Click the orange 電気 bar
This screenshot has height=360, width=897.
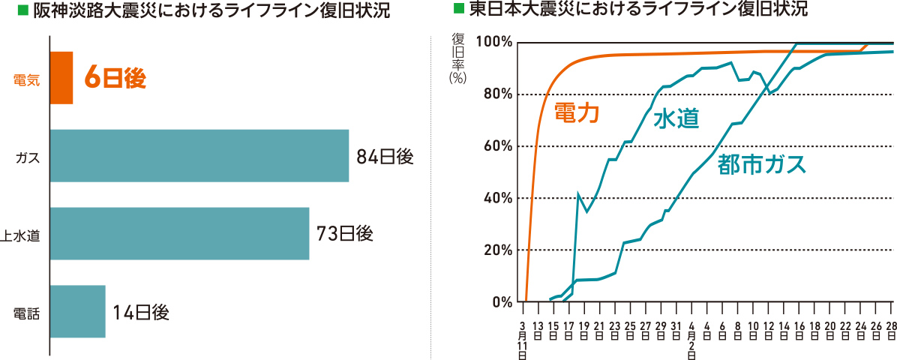(x=61, y=78)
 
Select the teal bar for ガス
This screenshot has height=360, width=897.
(x=199, y=156)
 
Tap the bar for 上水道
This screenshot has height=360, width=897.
(x=179, y=233)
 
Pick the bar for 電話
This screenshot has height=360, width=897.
(x=77, y=311)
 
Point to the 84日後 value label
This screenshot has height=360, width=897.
(x=385, y=157)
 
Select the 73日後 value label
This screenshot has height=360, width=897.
(x=345, y=234)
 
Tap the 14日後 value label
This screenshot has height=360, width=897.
(x=141, y=312)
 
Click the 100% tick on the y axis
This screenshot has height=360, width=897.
(x=493, y=42)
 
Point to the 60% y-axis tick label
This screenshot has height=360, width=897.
(x=496, y=146)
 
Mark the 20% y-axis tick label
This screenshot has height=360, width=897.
(x=496, y=250)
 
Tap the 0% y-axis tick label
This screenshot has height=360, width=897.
(x=500, y=302)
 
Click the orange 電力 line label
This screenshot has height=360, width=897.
(x=577, y=112)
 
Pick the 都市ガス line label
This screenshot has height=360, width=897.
(x=761, y=164)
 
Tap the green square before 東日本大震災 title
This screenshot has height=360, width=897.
(x=457, y=10)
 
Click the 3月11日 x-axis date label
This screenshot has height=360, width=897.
(x=523, y=340)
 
